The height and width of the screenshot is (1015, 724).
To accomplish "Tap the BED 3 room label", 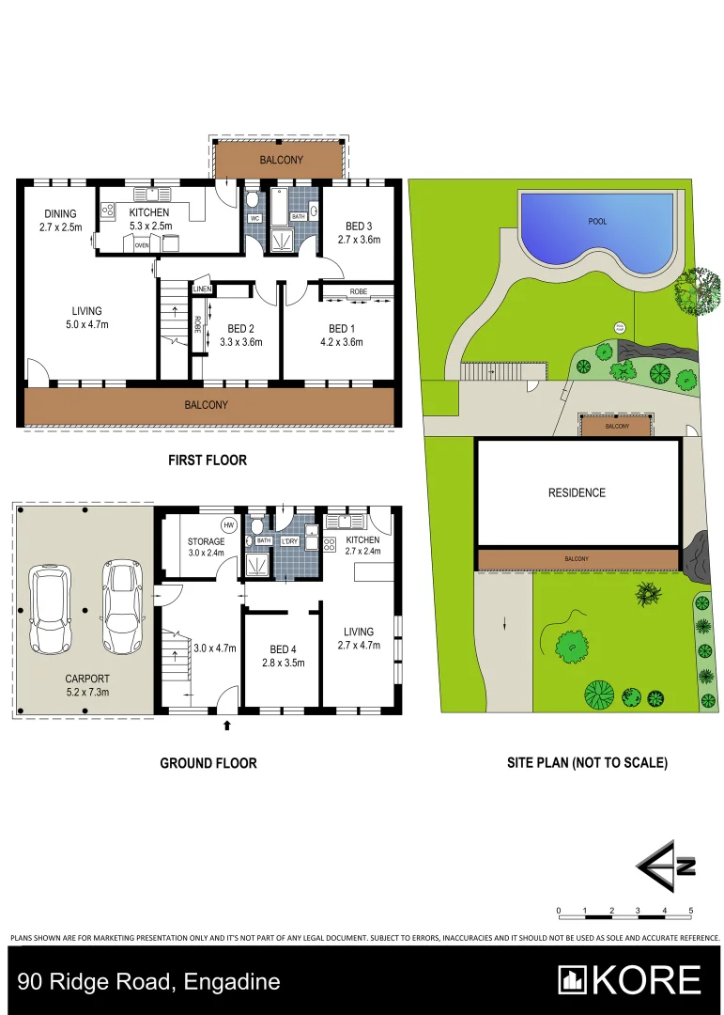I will click(x=358, y=226).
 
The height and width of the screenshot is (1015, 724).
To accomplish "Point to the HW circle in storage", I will click(x=227, y=525).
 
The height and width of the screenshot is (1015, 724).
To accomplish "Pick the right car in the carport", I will click(x=120, y=609).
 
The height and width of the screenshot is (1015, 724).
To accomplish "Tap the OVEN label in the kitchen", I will click(x=142, y=245).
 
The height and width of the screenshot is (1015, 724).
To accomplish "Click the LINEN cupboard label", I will click(x=202, y=289).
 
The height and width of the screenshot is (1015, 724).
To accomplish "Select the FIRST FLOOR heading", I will click(x=208, y=461).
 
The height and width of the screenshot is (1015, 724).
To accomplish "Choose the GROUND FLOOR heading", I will click(x=208, y=763).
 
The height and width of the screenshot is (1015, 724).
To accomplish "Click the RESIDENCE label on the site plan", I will click(x=577, y=492).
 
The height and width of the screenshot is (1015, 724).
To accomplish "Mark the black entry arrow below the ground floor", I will click(x=226, y=725).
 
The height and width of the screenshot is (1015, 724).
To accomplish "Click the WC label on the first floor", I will click(x=254, y=218).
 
